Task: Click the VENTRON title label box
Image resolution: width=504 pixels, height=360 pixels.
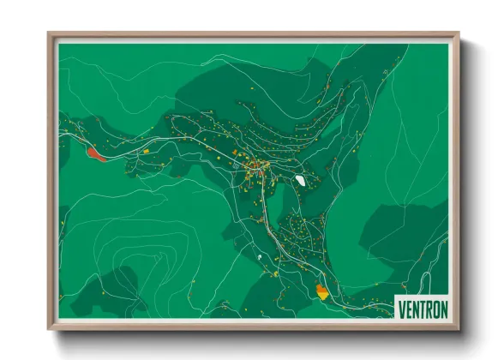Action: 422,307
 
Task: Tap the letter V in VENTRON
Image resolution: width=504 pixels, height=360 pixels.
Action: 401,307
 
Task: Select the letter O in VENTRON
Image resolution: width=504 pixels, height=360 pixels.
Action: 434,307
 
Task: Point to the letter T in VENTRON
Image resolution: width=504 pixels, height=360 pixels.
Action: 418,307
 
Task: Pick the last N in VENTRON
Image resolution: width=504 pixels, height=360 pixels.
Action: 442,307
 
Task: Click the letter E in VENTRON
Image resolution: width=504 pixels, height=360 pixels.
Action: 407,307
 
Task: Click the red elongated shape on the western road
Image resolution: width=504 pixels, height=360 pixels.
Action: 95,153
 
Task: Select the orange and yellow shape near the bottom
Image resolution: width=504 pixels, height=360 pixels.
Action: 321,291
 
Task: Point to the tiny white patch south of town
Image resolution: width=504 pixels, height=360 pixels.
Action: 259,255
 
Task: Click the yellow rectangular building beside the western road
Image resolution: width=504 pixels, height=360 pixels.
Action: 144,152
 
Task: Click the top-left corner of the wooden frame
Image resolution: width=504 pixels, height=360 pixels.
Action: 49,34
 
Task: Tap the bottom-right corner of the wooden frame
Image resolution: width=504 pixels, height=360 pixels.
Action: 459,329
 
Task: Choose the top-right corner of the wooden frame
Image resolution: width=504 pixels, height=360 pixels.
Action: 459,34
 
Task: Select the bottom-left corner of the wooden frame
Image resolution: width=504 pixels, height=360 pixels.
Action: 49,329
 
